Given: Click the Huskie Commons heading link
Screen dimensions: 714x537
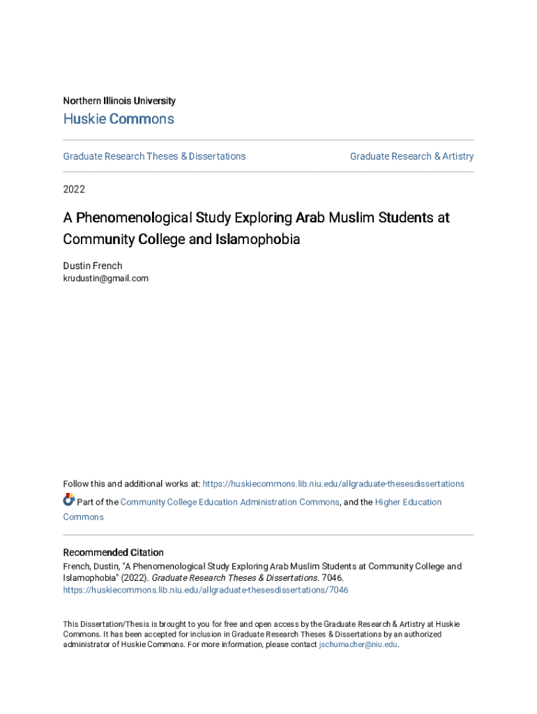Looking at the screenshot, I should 119,119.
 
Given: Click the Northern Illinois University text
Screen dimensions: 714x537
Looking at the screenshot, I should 119,101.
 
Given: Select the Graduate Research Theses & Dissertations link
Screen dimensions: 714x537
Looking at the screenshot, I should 154,156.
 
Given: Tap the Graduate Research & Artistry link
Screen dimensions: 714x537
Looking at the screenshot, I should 411,156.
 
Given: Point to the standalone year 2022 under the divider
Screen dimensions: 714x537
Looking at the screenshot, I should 75,189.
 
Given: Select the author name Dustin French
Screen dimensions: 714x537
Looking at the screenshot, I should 92,266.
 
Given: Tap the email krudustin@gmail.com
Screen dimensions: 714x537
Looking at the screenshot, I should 106,278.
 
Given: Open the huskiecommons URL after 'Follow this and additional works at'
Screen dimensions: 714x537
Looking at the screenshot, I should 333,484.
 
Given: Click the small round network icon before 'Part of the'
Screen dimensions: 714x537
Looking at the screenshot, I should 68,500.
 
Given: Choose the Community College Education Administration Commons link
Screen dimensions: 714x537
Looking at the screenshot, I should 230,502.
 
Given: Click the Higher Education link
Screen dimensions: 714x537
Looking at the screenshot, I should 408,502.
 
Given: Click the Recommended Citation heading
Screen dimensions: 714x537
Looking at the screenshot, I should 114,552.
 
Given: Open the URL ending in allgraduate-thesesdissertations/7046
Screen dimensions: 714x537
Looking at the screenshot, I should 206,590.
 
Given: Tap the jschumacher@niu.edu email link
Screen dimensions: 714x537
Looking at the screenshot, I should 358,645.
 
